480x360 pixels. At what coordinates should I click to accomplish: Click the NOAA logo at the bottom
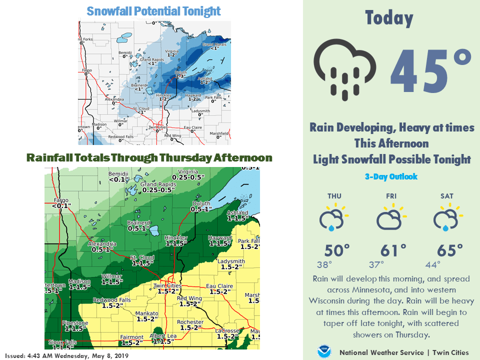324,351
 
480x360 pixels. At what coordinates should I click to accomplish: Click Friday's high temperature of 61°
393,249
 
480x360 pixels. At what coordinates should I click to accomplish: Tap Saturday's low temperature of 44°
433,264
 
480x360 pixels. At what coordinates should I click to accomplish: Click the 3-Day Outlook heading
390,176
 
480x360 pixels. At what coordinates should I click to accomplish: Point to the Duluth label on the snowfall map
180,73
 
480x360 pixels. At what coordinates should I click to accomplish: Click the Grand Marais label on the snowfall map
214,44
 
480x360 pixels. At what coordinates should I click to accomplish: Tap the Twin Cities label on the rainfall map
166,285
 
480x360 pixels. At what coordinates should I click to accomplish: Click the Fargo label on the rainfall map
61,200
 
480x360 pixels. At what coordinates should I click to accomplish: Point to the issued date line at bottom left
67,355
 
